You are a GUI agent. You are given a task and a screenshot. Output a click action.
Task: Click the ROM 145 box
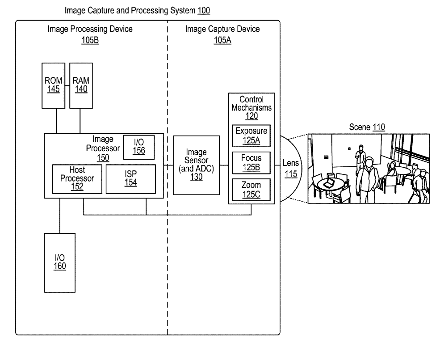click(x=53, y=85)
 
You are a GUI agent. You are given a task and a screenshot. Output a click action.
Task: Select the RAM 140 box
click(x=81, y=85)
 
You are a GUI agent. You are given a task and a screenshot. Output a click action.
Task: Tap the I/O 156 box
click(x=139, y=146)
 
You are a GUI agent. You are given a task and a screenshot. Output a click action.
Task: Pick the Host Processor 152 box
click(x=77, y=179)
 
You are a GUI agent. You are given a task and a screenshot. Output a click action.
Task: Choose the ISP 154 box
click(x=131, y=179)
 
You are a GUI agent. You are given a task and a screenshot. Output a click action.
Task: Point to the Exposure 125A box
click(x=251, y=135)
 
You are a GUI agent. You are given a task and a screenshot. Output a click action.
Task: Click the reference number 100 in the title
click(x=204, y=10)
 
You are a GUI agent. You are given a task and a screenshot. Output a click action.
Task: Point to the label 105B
click(x=90, y=39)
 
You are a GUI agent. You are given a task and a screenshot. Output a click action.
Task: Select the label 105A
click(x=222, y=39)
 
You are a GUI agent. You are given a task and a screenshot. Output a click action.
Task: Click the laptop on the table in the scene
click(x=329, y=181)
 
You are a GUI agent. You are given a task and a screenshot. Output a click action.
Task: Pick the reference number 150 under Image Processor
click(x=103, y=157)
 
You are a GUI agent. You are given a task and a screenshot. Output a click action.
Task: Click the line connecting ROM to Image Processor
click(x=56, y=121)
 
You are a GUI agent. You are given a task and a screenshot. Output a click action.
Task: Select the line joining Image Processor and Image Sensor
click(x=167, y=165)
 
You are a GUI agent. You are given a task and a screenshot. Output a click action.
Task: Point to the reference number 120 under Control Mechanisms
click(x=252, y=116)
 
